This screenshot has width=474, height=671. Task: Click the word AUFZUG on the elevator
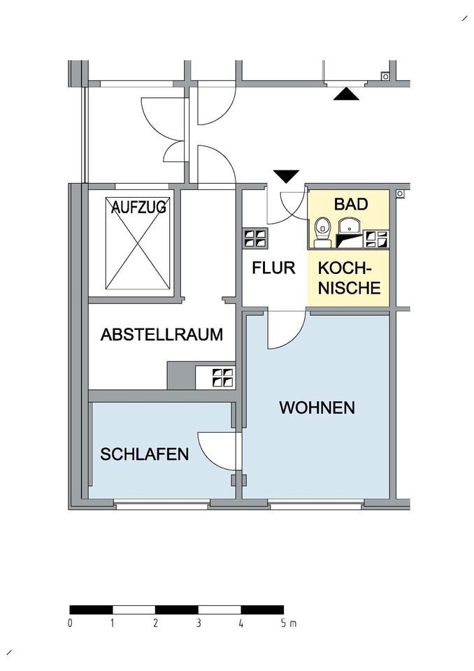click(137, 208)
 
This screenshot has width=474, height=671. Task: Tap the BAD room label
click(350, 205)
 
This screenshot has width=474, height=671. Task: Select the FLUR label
click(273, 267)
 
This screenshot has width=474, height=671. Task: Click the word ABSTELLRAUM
click(161, 335)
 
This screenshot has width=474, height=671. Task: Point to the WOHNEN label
click(317, 407)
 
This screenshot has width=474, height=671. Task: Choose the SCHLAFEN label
click(145, 454)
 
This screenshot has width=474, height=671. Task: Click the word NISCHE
click(350, 287)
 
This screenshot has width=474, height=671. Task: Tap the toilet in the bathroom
click(322, 231)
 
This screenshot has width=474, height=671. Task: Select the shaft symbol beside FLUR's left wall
click(254, 238)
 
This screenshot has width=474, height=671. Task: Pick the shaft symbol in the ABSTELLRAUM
click(223, 377)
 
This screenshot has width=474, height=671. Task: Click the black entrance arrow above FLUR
click(287, 175)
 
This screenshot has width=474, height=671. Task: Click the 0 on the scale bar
click(71, 623)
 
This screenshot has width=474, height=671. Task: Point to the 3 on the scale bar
click(199, 623)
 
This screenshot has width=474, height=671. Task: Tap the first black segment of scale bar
click(92, 609)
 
